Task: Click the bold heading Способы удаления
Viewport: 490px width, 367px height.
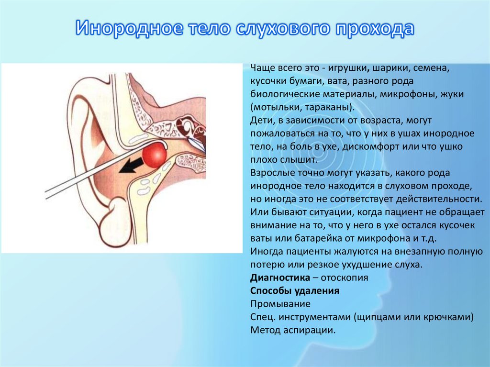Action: tap(294, 290)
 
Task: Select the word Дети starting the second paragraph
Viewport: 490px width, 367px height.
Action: tap(261, 120)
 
